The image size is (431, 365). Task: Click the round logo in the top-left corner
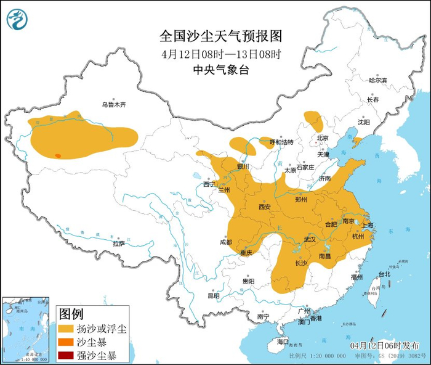(x=18, y=20)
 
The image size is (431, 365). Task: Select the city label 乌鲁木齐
(x=114, y=105)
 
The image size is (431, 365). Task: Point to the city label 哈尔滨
(x=377, y=81)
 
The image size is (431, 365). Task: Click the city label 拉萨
(x=119, y=244)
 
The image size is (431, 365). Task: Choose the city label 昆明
(x=213, y=295)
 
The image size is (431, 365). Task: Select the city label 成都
(x=226, y=242)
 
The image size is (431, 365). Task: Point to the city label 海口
(x=283, y=341)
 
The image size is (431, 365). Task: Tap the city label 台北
(x=384, y=274)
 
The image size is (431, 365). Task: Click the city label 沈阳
(x=364, y=122)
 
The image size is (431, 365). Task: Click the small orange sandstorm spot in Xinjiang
(x=58, y=156)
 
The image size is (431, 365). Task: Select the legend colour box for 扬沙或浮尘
(x=67, y=329)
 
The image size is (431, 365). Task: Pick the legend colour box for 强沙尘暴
(x=67, y=355)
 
